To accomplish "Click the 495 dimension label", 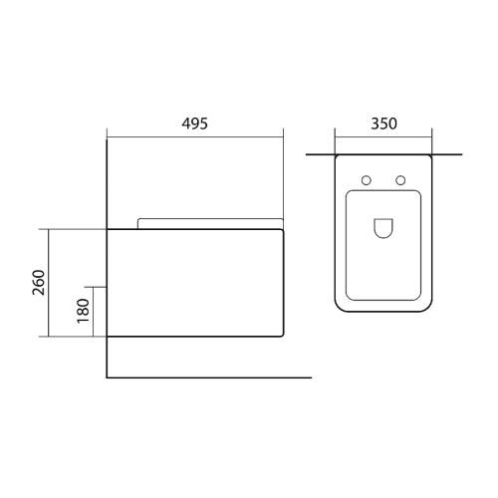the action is click(194, 124).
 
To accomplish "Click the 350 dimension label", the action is click(383, 124).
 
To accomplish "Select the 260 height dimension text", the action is click(39, 283).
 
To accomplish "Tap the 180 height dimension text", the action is click(83, 311).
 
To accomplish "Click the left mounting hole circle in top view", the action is click(367, 180).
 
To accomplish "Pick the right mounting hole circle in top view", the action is click(400, 180).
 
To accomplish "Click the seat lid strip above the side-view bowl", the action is click(210, 223).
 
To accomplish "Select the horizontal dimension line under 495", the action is click(195, 136).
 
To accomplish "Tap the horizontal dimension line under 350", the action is click(383, 136).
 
